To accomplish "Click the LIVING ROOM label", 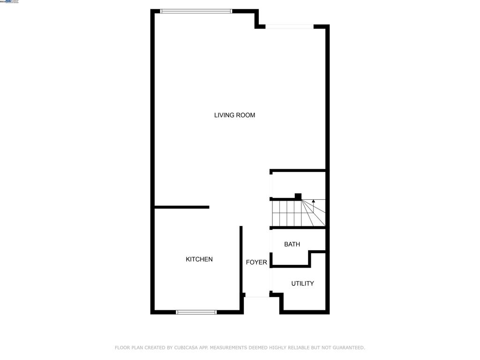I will [x=234, y=115].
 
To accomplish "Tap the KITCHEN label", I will [x=199, y=259].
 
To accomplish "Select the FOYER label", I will [x=256, y=262].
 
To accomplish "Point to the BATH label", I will [x=292, y=244].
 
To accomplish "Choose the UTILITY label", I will [x=302, y=284].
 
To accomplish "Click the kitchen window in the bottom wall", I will [x=196, y=312].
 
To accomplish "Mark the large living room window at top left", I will [x=196, y=11].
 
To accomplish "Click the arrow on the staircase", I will [x=314, y=202].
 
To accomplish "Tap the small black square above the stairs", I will [x=298, y=196].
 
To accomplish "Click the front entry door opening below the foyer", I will [x=257, y=296].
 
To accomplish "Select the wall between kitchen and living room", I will [x=181, y=207].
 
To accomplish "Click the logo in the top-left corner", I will [x=9, y=2].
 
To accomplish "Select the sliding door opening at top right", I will [x=289, y=27].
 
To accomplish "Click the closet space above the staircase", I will [x=298, y=185].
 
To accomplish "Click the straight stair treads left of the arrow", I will [x=286, y=213].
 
